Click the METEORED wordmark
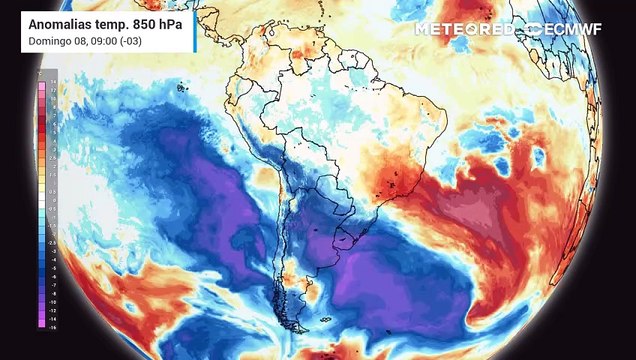pos(464,29)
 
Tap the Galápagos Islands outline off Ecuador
pos(182,88)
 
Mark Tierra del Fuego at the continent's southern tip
pos(295,325)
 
